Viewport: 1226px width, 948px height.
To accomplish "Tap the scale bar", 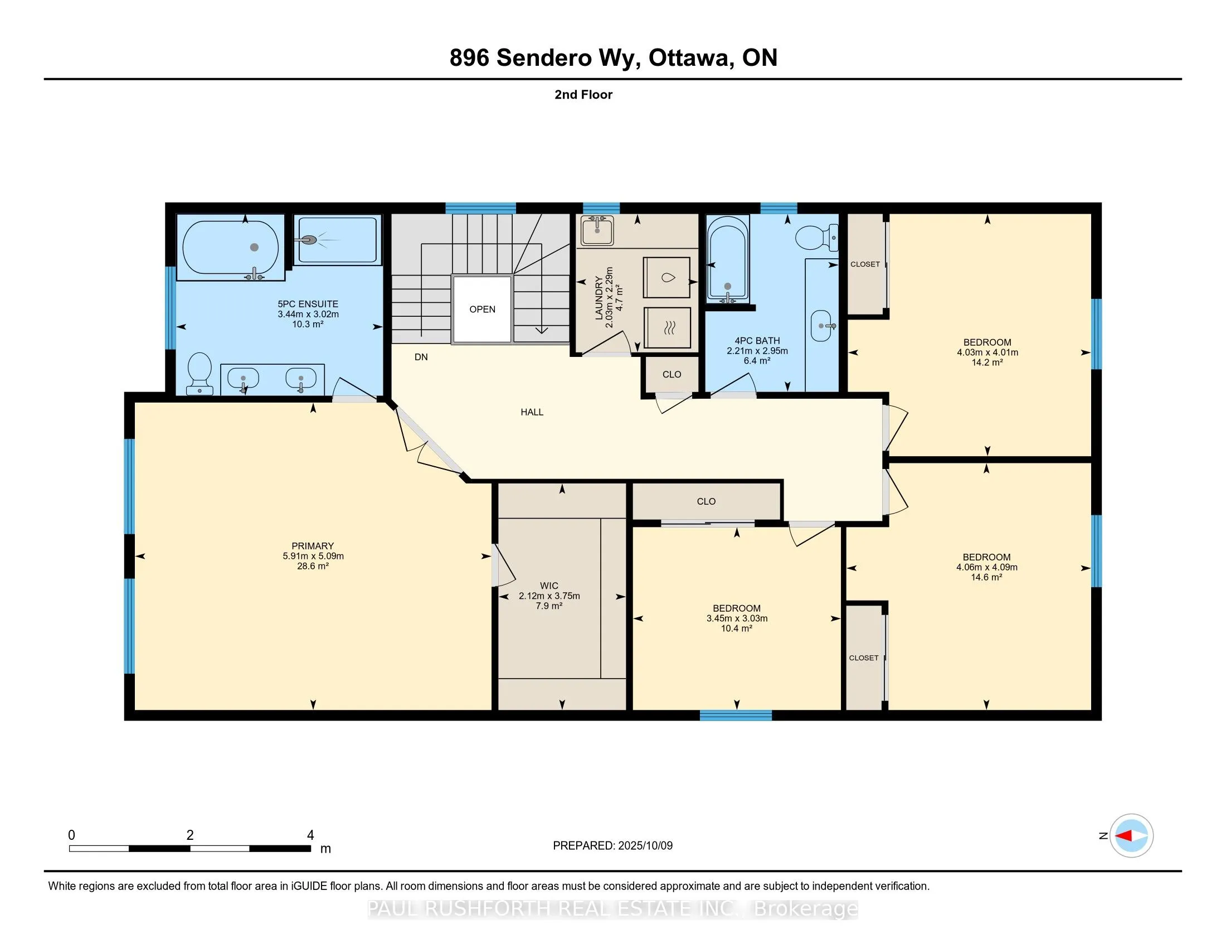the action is tap(190, 849).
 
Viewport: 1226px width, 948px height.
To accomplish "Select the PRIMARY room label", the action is tap(313, 546).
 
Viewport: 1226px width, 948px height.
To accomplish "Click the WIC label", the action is tap(548, 586).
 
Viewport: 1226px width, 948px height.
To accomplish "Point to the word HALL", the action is tap(532, 412).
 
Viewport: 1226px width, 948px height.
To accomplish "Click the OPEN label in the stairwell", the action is tap(482, 309).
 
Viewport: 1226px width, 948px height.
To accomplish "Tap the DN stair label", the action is tap(421, 357).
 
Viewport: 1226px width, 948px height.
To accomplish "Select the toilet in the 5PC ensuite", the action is tap(200, 374).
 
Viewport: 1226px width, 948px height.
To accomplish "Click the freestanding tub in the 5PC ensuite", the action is tap(231, 250).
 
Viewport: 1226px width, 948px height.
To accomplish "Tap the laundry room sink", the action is tap(597, 231).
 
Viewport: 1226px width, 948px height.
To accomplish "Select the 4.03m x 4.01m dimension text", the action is tap(987, 352).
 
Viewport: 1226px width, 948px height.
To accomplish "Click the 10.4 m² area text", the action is tap(737, 628).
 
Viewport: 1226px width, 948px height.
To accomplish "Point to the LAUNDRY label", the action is tap(599, 298).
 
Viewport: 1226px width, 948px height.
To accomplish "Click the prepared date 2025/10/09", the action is tap(644, 846).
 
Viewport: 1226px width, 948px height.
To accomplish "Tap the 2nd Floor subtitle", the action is tap(583, 95).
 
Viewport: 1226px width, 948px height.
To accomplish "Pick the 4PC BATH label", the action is tap(757, 341).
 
